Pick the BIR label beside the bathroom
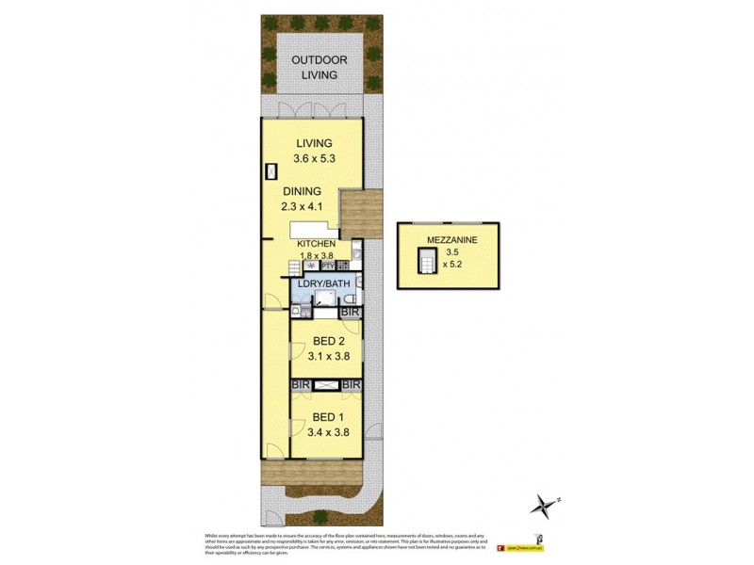[x=350, y=311]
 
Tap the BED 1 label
[x=325, y=417]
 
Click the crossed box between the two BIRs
[x=326, y=385]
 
